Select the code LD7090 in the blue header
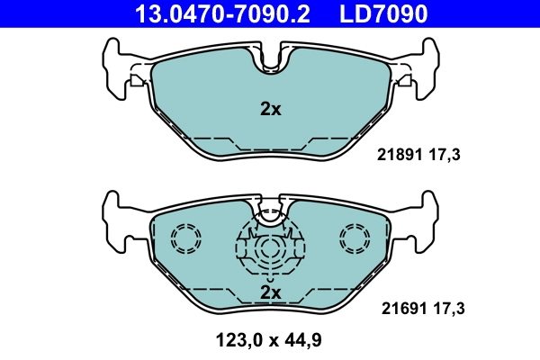tap(382, 13)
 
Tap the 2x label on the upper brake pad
tap(270, 110)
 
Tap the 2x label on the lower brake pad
tap(270, 292)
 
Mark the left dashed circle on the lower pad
tap(186, 238)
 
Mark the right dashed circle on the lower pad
tap(355, 238)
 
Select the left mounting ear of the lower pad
tap(112, 216)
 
